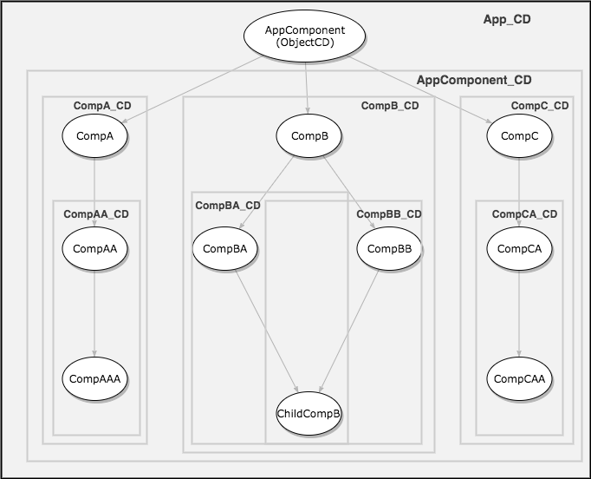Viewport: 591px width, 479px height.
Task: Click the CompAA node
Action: tap(94, 248)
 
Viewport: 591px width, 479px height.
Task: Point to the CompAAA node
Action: tap(94, 378)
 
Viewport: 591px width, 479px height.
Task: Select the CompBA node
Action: tap(225, 248)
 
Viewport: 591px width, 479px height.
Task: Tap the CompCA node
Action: tap(519, 248)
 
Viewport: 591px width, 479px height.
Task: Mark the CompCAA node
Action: tap(519, 378)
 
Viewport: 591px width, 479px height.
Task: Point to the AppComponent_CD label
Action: tap(474, 80)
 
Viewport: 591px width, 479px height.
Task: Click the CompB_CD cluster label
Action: tap(389, 106)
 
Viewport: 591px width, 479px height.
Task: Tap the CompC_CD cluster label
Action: tap(540, 106)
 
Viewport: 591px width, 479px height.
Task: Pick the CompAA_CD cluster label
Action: tap(96, 213)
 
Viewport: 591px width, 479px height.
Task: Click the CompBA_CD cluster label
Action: tap(227, 206)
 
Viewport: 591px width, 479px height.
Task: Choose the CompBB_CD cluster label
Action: tap(389, 213)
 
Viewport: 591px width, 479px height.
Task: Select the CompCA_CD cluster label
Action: tap(524, 213)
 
